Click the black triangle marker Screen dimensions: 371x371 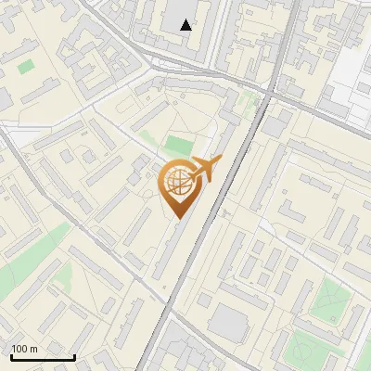(x=186, y=25)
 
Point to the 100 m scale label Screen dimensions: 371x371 (x=25, y=349)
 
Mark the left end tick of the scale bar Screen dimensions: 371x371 (x=11, y=356)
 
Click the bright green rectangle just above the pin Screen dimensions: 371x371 (x=178, y=146)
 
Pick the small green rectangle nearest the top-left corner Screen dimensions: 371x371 (x=25, y=67)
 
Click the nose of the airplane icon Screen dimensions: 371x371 (x=219, y=161)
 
